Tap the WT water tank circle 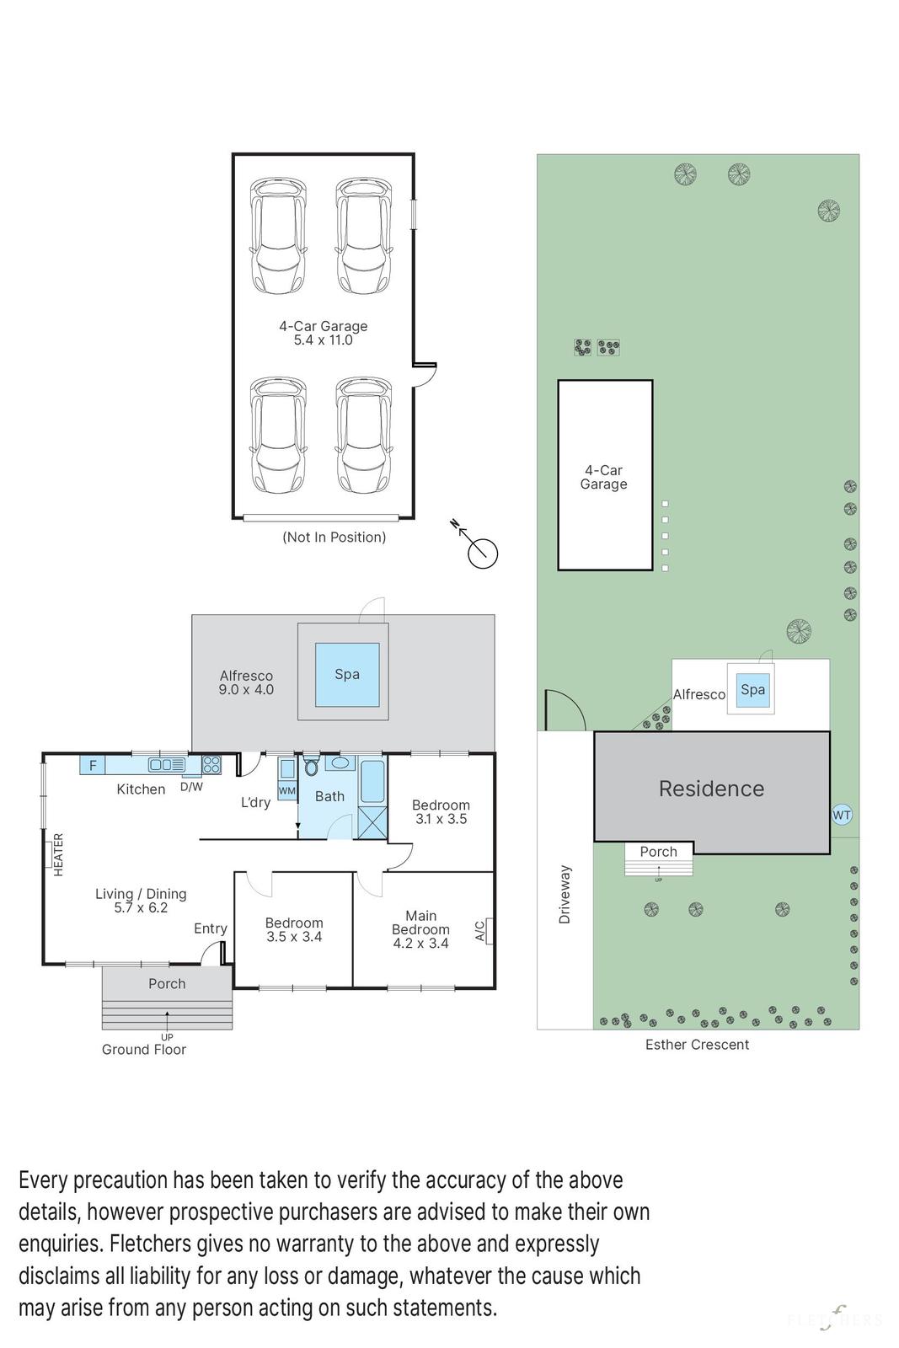point(841,815)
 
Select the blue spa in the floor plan point(347,674)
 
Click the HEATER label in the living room point(58,854)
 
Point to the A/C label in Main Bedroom point(479,930)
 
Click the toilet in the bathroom point(311,766)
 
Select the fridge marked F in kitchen point(93,765)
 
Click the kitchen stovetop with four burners point(211,765)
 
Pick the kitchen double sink point(167,765)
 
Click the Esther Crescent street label point(697,1044)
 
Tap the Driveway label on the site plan point(564,894)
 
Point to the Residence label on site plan point(711,789)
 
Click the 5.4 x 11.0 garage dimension point(324,340)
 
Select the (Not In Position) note point(334,537)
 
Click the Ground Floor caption point(144,1049)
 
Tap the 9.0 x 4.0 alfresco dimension point(246,690)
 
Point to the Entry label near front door point(210,928)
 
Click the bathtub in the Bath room point(372,782)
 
